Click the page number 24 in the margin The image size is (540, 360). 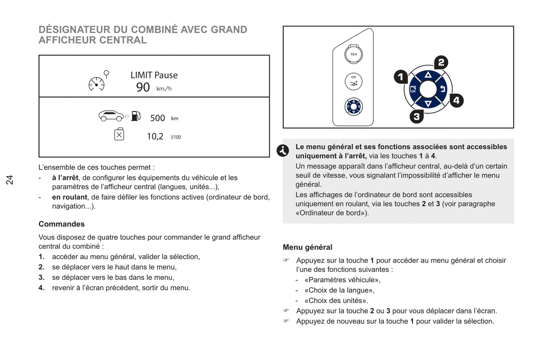pos(9,180)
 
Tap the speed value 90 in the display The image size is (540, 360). pos(143,87)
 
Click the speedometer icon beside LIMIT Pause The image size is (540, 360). pos(97,84)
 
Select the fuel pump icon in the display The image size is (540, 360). pos(136,116)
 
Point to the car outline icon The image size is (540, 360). pos(111,116)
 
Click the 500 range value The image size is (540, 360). pos(157,118)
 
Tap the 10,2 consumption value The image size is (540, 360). pos(155,137)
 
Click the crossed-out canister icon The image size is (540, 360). pos(119,134)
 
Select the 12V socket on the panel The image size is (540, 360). pos(354,54)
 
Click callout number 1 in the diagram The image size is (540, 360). pos(401,77)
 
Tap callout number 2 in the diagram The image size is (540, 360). pos(441,62)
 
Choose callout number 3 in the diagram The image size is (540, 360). pos(417,117)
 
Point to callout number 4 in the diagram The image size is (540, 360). pos(456,100)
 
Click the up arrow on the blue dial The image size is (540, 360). pos(428,75)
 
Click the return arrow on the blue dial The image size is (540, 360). pos(442,89)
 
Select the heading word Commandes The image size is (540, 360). pos(62,224)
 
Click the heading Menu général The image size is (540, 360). pos(308,247)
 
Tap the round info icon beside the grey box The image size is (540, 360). pos(283,150)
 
